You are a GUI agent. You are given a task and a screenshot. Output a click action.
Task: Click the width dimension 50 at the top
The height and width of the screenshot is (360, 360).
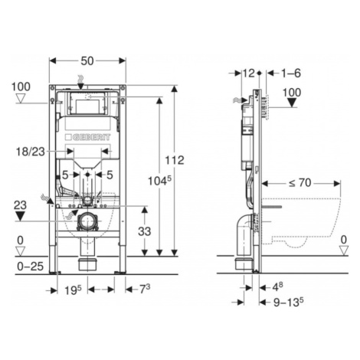click(x=87, y=61)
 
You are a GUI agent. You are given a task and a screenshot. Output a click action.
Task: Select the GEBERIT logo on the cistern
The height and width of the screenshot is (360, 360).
click(x=88, y=137)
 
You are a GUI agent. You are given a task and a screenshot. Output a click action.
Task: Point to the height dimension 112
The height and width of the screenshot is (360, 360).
click(x=175, y=160)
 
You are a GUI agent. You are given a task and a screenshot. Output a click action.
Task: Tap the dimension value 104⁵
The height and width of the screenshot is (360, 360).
click(x=159, y=181)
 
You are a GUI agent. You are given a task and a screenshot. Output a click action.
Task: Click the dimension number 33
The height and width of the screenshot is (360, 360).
click(x=145, y=231)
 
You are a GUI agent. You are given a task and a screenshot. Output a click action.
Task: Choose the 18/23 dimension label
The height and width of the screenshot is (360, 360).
click(x=31, y=152)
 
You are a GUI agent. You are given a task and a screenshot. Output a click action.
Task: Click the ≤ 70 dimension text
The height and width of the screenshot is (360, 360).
click(x=300, y=183)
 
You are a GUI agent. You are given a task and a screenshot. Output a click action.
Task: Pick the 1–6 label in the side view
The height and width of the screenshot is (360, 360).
click(x=291, y=74)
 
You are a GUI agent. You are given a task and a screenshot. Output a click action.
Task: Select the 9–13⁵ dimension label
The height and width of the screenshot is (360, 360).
click(x=289, y=303)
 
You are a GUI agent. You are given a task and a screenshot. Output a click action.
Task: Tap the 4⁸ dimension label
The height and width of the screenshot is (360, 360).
click(x=277, y=287)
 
